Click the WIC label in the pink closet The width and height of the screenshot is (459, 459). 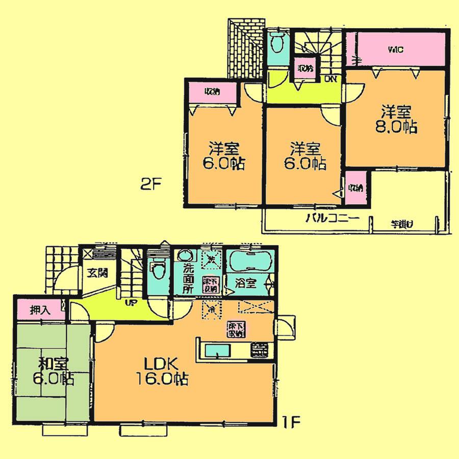[x=396, y=50]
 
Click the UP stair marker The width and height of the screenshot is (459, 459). [x=132, y=304]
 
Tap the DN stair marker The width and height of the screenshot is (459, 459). [x=331, y=79]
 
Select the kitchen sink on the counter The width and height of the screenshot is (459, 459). [x=220, y=351]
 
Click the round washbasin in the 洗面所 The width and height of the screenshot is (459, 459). [x=183, y=256]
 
